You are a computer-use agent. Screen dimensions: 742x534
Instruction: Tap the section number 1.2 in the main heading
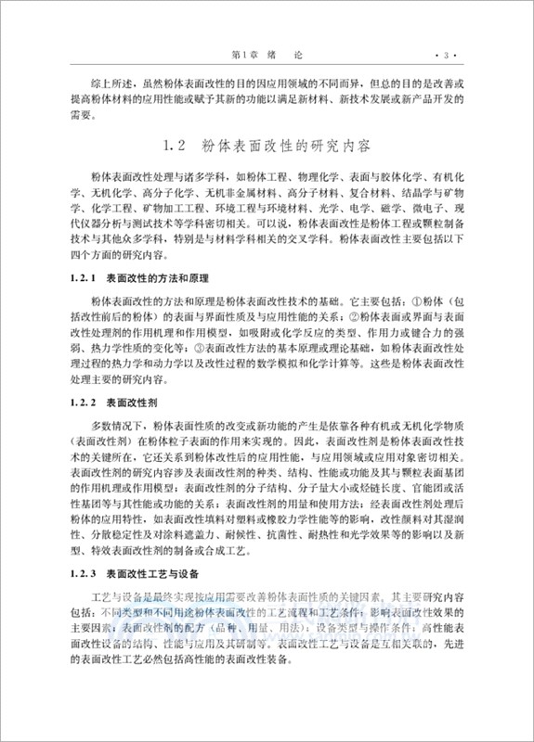(176, 146)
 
